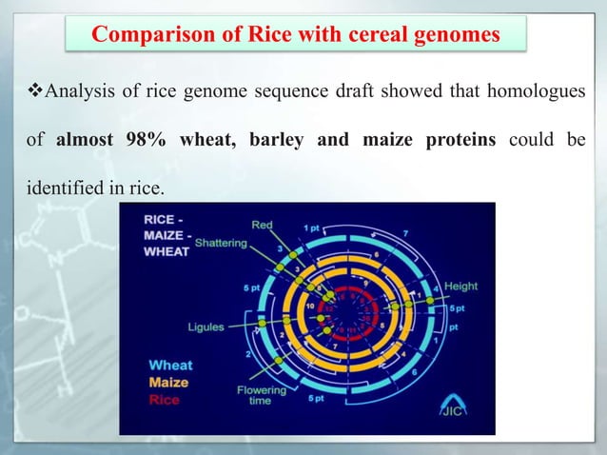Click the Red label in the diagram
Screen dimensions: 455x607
262,225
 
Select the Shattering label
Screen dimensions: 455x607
221,243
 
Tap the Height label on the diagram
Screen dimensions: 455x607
460,286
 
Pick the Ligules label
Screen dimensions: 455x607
206,326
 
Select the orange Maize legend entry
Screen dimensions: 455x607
167,382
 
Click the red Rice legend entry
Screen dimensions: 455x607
164,400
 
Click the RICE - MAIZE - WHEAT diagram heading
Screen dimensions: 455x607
166,236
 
